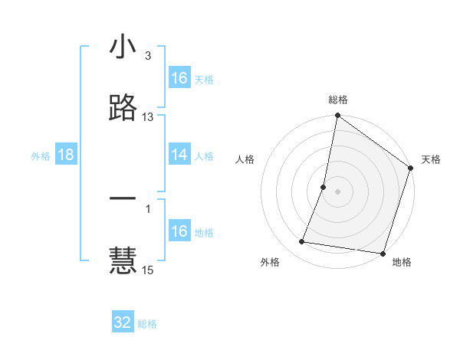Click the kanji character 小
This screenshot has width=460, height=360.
(123, 47)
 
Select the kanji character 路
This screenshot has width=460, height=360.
(123, 108)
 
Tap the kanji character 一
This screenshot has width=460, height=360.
(123, 198)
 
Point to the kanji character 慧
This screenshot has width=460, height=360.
(123, 260)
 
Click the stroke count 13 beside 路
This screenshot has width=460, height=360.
(148, 117)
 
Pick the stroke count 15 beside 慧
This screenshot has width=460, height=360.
(148, 270)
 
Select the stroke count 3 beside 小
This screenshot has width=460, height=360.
(148, 56)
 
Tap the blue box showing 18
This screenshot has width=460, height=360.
(66, 155)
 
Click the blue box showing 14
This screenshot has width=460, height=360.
(179, 155)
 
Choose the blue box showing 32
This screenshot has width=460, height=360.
(123, 322)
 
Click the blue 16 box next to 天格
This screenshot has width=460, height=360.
(179, 78)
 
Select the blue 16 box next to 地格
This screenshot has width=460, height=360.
(179, 231)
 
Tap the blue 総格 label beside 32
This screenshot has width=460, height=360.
(147, 324)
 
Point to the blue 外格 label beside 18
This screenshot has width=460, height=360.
(41, 156)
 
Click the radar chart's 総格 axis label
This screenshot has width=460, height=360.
(338, 100)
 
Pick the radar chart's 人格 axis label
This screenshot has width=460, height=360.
(245, 159)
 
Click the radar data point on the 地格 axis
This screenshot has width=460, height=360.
(383, 253)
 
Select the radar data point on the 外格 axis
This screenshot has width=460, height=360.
(302, 242)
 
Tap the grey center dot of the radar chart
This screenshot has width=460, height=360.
(337, 191)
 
